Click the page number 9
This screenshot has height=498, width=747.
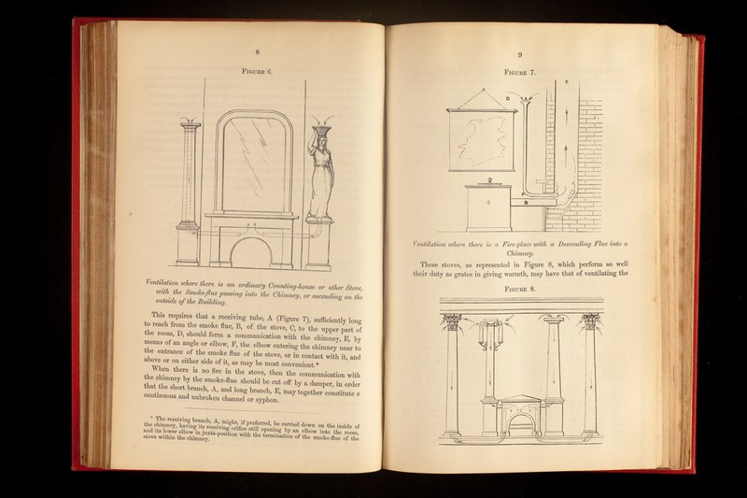[x=520, y=54]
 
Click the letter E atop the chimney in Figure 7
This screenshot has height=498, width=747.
[x=566, y=83]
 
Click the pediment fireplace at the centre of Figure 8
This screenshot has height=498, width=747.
[x=519, y=412]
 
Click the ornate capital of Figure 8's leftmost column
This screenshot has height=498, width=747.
[x=453, y=323]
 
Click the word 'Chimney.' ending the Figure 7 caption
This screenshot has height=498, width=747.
[x=520, y=252]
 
